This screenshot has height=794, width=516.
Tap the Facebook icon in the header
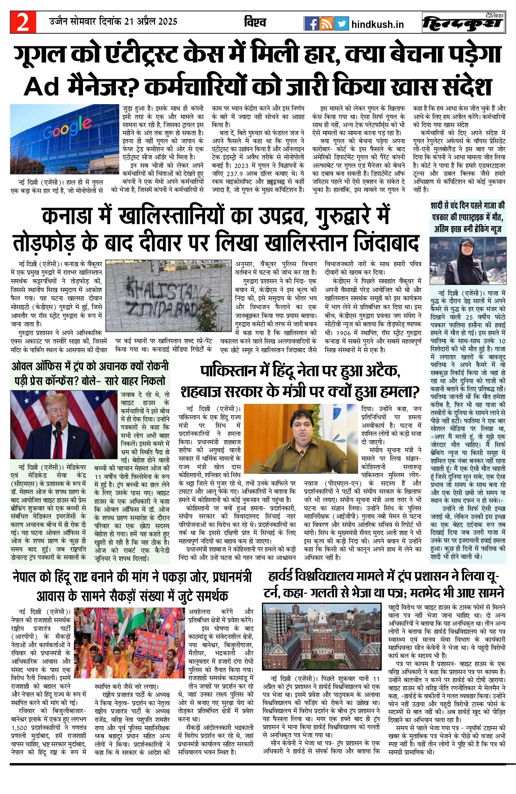point(311,24)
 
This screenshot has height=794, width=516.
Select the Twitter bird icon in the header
point(341,24)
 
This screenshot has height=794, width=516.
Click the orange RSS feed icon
point(326,24)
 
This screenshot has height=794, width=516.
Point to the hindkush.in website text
point(377,25)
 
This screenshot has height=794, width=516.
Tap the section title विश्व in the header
point(255,22)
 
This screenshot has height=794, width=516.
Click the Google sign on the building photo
point(67,128)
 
